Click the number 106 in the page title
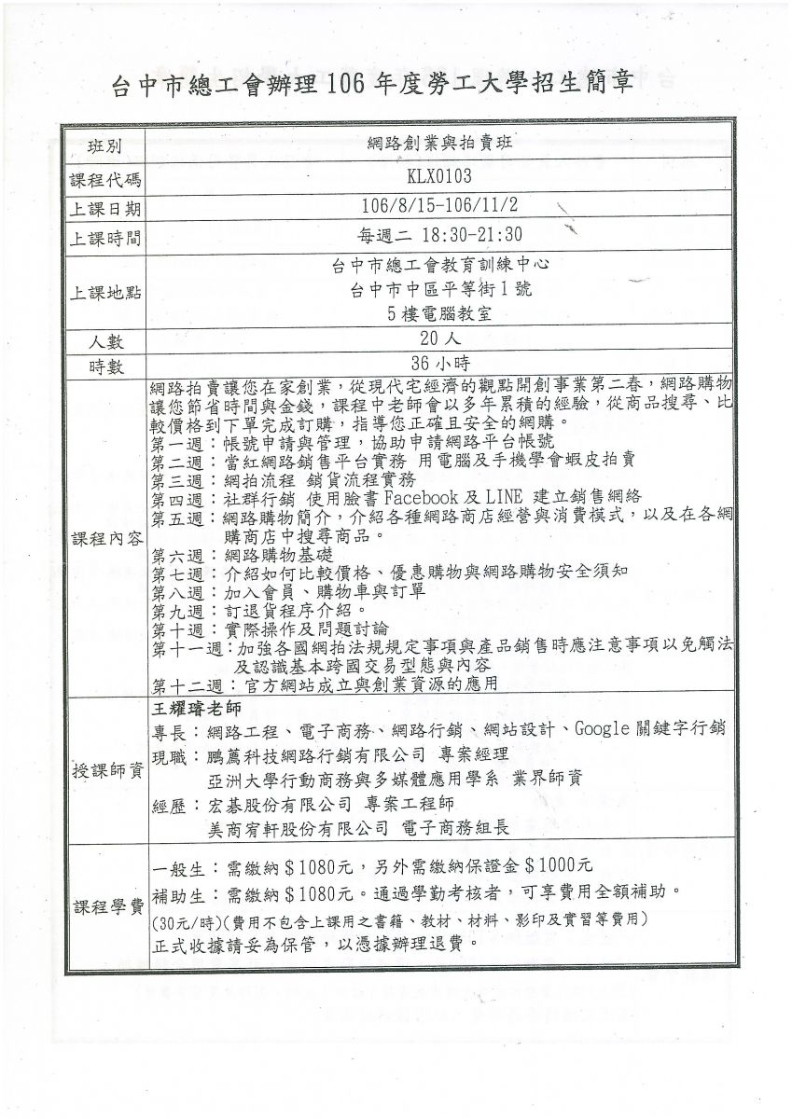point(345,84)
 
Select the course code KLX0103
point(439,176)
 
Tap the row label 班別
point(105,146)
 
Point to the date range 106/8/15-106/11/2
point(439,205)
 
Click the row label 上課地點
point(105,293)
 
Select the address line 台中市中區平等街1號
point(440,289)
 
